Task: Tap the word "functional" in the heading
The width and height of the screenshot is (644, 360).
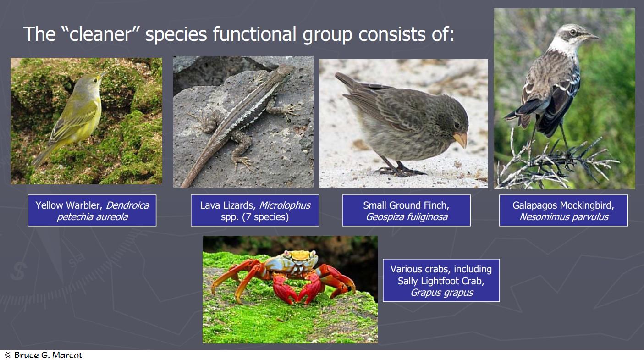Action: coord(254,34)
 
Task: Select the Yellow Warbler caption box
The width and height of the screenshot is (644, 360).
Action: coord(92,210)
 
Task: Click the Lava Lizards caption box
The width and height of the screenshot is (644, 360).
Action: coord(255,210)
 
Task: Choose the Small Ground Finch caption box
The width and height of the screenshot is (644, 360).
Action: coord(406,210)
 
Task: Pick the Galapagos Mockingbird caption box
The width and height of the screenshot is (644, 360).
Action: coord(563,210)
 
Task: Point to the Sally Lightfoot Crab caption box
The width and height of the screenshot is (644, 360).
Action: coord(441,280)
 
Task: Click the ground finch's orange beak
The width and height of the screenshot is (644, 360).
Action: coord(461,139)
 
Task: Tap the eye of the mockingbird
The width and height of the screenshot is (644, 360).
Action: coord(573,32)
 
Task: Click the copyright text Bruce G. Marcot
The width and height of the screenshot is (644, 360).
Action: coord(44,355)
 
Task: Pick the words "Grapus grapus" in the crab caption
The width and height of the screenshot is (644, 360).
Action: coord(441,293)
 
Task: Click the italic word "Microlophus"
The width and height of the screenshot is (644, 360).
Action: coord(285,205)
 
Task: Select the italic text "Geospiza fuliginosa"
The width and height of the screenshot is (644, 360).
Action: coord(407,216)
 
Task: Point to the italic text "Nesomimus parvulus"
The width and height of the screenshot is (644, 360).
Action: coord(564,216)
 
